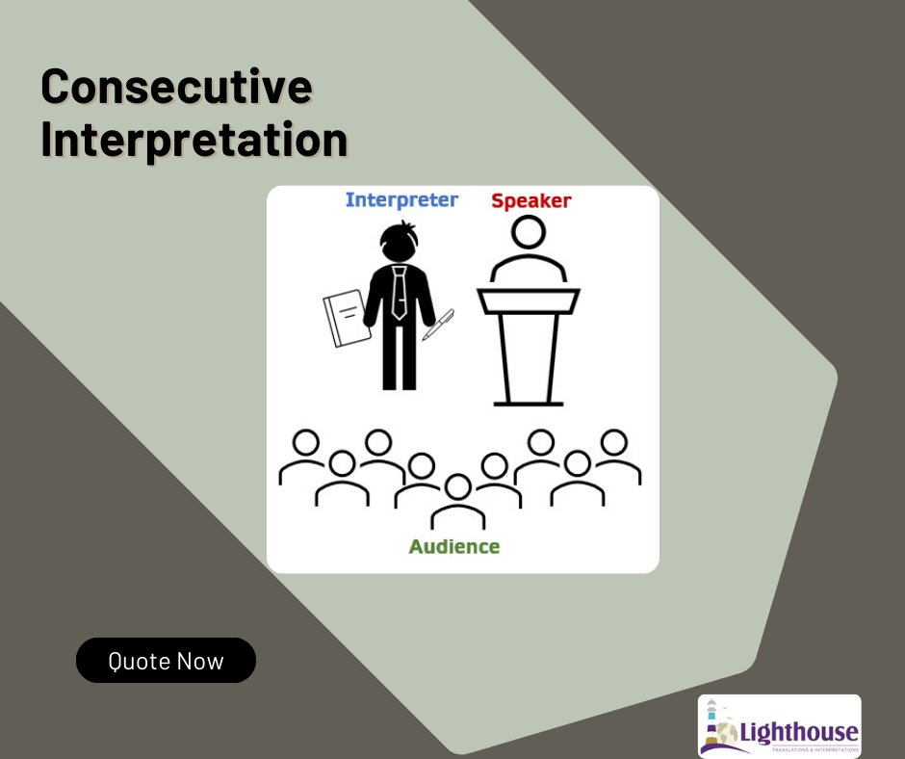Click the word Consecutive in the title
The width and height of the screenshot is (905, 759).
[x=176, y=88]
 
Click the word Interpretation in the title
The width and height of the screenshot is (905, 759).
[x=194, y=139]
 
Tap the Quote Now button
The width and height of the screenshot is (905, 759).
[x=166, y=661]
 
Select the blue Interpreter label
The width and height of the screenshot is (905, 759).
[x=401, y=200]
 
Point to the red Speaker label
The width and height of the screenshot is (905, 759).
[x=530, y=201]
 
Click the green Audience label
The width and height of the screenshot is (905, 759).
[x=454, y=547]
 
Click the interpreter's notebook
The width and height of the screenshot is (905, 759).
[x=345, y=317]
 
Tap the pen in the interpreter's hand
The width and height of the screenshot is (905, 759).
[x=438, y=324]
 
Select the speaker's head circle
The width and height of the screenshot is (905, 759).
[x=528, y=232]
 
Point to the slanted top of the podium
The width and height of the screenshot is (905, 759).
[x=528, y=300]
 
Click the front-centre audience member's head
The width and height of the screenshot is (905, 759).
[x=457, y=487]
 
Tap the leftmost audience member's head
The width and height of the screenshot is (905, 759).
[x=306, y=442]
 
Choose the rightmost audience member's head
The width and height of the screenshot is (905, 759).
[x=612, y=442]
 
